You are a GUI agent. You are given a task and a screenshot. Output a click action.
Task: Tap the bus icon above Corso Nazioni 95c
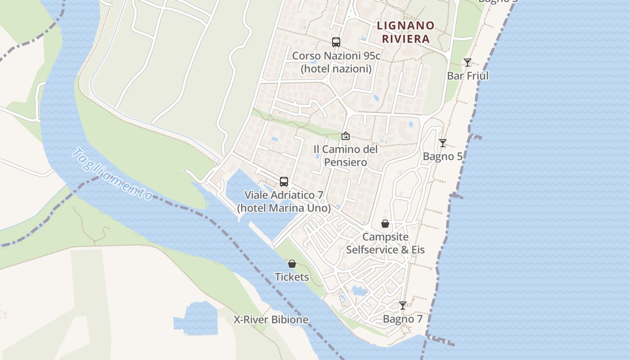(336, 42)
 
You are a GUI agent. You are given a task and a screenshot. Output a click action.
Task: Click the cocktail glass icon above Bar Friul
(468, 63)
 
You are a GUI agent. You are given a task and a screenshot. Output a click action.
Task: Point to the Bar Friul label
(468, 76)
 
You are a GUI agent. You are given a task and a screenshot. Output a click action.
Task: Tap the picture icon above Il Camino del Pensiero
(345, 135)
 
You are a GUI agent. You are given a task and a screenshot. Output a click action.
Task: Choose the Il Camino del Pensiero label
(345, 155)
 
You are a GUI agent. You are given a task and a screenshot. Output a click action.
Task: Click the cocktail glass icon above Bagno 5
(443, 143)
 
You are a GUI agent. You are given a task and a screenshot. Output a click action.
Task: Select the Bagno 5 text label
(443, 157)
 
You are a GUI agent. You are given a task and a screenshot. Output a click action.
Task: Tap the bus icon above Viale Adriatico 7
(284, 182)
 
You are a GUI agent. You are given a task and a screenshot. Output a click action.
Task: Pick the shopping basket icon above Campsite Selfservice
(385, 224)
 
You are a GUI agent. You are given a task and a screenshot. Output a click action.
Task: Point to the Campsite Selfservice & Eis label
(385, 243)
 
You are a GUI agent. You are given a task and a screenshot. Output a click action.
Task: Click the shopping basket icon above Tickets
(292, 264)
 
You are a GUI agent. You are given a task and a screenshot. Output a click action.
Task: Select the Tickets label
(292, 277)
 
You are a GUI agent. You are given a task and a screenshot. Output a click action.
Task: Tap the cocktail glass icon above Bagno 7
(403, 306)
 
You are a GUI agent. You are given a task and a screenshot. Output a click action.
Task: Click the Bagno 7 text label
(403, 319)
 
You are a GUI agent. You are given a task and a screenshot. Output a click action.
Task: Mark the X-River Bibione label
(271, 320)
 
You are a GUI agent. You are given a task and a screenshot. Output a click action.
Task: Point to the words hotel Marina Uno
(284, 208)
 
